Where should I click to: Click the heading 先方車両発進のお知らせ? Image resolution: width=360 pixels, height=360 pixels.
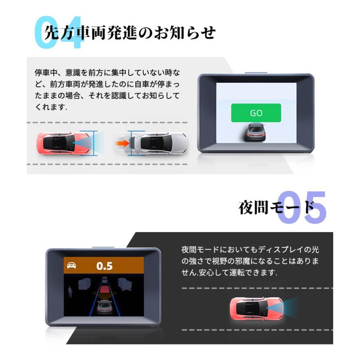pos(130,32)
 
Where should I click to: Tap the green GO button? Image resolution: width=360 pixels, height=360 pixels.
pos(256,113)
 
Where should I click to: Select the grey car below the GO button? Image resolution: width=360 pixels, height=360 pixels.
pos(256,132)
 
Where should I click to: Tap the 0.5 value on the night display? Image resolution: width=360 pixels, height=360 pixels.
pos(104,266)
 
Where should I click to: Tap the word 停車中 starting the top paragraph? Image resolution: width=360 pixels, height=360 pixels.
pos(44,73)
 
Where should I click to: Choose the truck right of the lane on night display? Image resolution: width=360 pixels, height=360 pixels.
pos(124,284)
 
